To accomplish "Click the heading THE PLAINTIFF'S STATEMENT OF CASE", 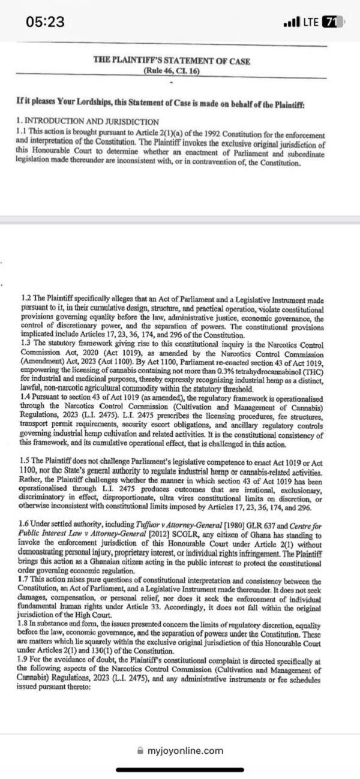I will (x=172, y=61).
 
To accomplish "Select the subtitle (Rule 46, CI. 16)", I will (x=172, y=70).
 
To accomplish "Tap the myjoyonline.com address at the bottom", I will (x=185, y=750).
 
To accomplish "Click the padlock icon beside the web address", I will (x=140, y=750).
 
